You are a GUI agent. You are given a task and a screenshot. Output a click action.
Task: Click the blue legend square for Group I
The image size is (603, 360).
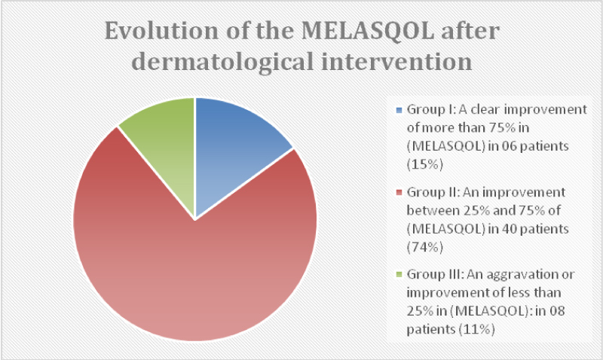click(x=399, y=110)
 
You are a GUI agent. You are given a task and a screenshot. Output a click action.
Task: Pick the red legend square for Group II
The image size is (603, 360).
click(x=399, y=193)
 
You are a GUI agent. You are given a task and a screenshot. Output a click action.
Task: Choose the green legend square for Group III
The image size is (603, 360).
click(x=399, y=274)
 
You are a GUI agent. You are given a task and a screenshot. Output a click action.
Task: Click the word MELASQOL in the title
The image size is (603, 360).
click(x=368, y=31)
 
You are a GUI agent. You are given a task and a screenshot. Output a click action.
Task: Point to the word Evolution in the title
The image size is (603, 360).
click(x=161, y=31)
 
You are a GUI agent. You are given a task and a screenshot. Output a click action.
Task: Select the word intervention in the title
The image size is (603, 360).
click(x=396, y=62)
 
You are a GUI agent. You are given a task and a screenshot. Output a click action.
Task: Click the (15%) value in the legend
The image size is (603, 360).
click(x=425, y=165)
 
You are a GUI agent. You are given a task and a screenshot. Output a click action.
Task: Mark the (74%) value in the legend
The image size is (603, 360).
click(x=425, y=247)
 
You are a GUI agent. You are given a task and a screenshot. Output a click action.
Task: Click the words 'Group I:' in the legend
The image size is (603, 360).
click(x=430, y=110)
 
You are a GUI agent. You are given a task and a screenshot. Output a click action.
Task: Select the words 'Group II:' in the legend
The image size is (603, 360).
click(x=433, y=193)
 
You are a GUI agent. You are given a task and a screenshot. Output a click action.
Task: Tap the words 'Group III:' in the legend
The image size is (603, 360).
click(x=435, y=274)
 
